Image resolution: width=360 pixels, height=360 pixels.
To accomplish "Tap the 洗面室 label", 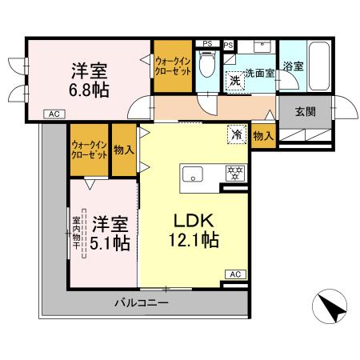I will click(259, 74).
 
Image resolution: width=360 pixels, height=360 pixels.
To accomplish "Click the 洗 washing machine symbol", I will click(235, 80).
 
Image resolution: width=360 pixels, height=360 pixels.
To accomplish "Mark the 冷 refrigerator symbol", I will click(238, 134).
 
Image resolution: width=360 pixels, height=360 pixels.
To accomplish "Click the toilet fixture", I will click(208, 64).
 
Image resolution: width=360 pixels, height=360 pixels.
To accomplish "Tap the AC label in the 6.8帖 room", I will click(53, 114).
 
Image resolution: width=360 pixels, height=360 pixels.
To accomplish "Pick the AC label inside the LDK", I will click(235, 274).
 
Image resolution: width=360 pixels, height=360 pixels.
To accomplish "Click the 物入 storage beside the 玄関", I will click(263, 136).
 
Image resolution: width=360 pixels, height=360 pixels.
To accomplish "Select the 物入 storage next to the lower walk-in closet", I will click(123, 151).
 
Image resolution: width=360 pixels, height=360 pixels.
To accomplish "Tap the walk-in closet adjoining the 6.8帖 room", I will click(173, 65).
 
